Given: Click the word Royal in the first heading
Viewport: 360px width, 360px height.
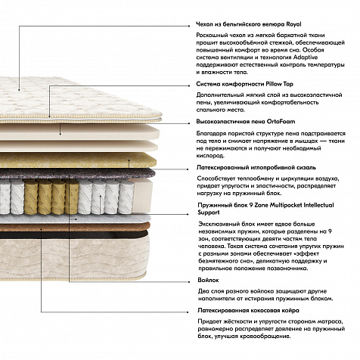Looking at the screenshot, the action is pos(293,24).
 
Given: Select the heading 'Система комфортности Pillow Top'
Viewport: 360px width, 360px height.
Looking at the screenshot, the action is pos(244,84).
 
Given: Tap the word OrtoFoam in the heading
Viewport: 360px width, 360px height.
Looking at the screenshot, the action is pos(281,122).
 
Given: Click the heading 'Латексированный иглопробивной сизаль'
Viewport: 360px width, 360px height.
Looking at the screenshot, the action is pos(256,167).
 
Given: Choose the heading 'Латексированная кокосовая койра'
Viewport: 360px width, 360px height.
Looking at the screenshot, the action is pos(248,310).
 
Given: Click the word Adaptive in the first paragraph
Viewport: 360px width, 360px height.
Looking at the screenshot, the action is pos(306,57).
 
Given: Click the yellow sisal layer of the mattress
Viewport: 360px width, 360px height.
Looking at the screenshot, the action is pos(76,160).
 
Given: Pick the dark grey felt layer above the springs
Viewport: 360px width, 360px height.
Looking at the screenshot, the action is pos(76,173).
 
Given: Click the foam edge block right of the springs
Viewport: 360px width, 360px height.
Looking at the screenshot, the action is pos(143,195).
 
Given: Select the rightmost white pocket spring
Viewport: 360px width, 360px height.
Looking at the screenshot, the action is pos(126,197).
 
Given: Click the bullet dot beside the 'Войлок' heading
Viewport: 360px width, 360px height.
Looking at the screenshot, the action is pos(189,282).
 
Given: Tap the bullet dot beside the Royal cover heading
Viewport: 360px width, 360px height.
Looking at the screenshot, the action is pos(188,26).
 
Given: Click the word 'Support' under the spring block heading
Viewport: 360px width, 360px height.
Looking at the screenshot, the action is pos(209,213).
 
